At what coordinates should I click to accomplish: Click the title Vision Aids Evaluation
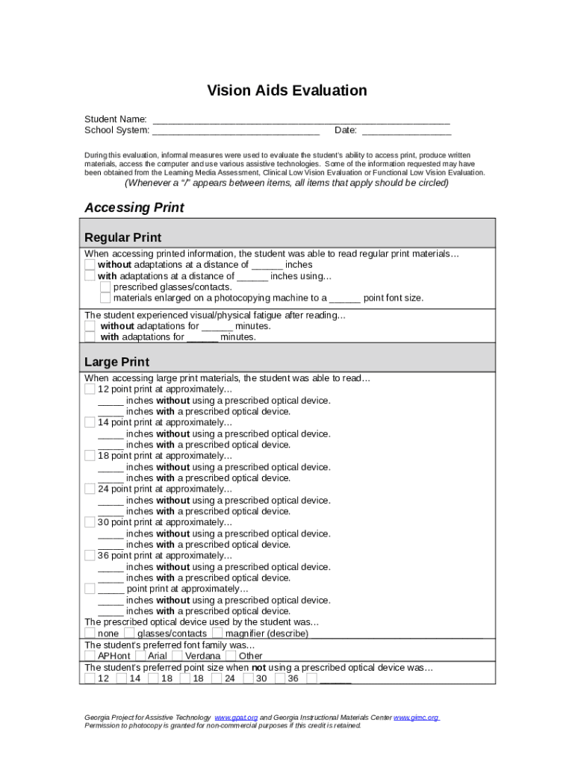click(287, 91)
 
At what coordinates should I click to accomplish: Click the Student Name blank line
click(301, 119)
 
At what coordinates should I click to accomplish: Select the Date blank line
click(406, 131)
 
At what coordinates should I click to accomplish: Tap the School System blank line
click(236, 131)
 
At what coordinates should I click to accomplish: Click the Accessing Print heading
click(134, 207)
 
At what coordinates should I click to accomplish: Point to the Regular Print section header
click(122, 237)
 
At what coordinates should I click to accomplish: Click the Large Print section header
click(116, 362)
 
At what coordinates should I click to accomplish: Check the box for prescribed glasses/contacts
click(105, 287)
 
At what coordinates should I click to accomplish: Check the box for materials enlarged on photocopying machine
click(105, 298)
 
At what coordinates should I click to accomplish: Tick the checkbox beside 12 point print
click(90, 389)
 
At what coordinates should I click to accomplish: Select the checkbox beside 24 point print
click(90, 489)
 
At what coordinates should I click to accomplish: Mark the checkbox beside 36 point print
click(90, 556)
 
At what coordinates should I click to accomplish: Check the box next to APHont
click(90, 656)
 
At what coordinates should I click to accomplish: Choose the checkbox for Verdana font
click(177, 656)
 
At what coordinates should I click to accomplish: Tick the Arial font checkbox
click(141, 656)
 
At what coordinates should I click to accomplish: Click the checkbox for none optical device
click(90, 633)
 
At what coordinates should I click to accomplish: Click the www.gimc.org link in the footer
click(416, 718)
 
